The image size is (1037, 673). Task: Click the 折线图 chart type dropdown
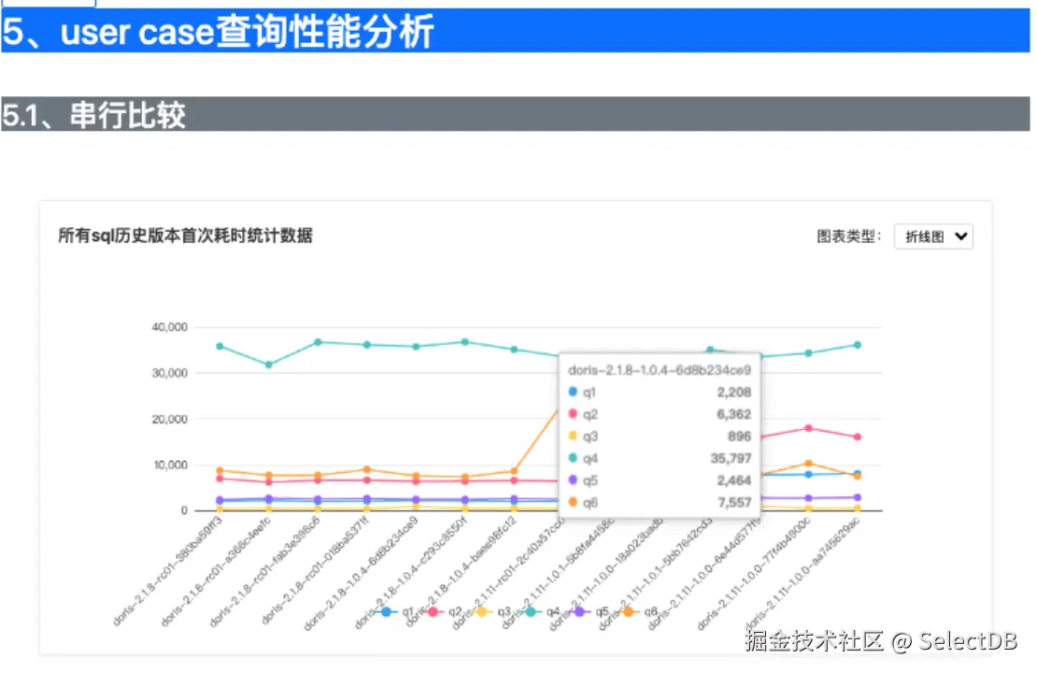[x=932, y=236]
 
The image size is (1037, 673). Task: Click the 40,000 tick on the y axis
[x=169, y=327]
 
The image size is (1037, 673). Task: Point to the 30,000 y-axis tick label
[x=169, y=373]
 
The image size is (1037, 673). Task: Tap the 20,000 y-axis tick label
[x=169, y=419]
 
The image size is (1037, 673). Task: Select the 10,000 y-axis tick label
[x=169, y=465]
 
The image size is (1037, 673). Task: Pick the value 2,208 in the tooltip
[x=733, y=393]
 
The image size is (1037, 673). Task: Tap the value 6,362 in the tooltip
[x=733, y=415]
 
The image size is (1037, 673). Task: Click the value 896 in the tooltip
[x=739, y=437]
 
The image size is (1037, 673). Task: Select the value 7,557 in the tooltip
[x=733, y=503]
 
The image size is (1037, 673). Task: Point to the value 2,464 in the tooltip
[x=733, y=481]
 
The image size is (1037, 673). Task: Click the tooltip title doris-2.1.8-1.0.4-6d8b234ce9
[x=660, y=369]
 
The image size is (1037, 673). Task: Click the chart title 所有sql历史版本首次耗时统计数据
[x=185, y=236]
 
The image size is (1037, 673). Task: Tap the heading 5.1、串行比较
[x=94, y=115]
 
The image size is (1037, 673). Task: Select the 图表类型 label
[x=848, y=236]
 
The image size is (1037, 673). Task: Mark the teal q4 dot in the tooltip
[x=573, y=459]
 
